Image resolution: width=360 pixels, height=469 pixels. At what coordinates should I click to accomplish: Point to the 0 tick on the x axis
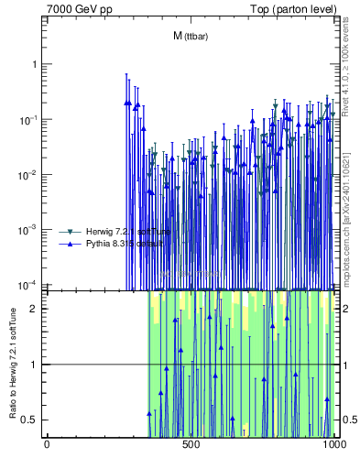click(x=47, y=444)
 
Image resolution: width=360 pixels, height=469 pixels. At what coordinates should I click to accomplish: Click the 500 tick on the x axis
click(x=191, y=444)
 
